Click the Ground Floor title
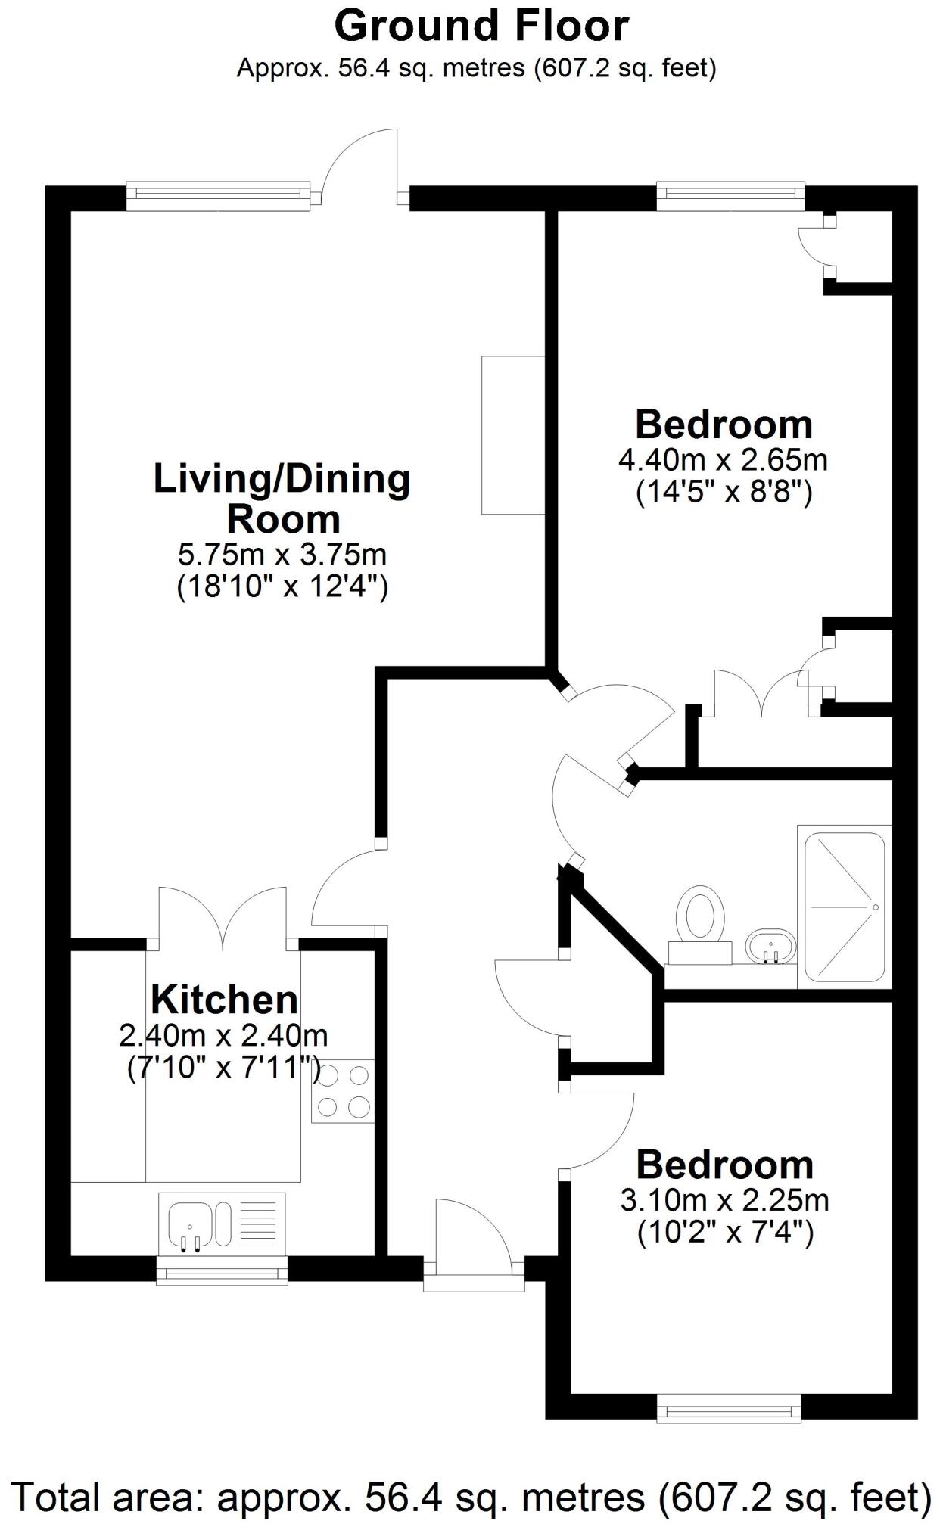click(481, 26)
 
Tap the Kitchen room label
click(224, 1000)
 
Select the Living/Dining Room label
click(282, 499)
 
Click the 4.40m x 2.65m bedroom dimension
click(723, 459)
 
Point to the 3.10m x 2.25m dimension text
click(724, 1200)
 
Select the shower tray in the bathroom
click(845, 907)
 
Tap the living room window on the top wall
click(218, 196)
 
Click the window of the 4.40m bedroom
click(730, 196)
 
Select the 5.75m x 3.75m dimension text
click(282, 555)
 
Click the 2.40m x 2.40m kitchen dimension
click(223, 1034)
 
